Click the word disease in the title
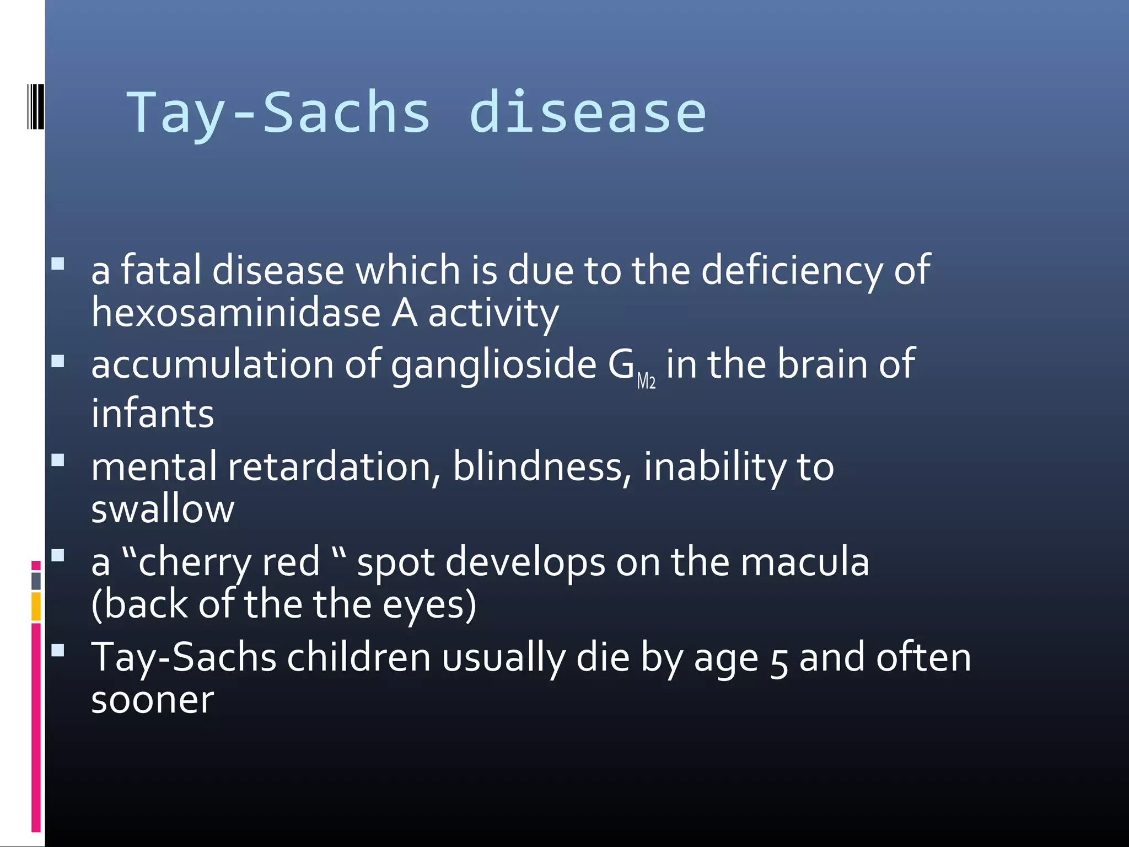point(587,113)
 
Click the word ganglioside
point(493,366)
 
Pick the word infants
point(153,414)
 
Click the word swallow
point(163,509)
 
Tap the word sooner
point(153,700)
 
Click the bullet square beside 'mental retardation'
point(58,460)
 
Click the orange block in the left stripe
point(36,606)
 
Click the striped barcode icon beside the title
point(35,106)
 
